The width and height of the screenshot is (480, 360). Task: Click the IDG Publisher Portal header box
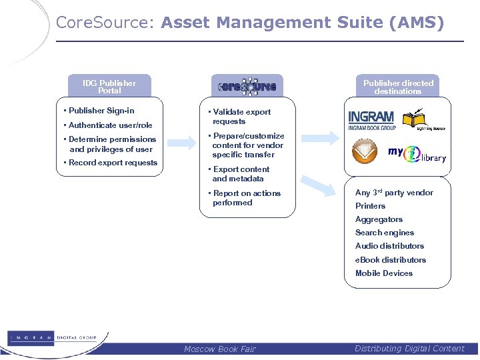(109, 87)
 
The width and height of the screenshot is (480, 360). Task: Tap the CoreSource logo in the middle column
(247, 87)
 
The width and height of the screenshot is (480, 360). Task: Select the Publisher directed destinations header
(398, 87)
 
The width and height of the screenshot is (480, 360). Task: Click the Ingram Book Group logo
(372, 120)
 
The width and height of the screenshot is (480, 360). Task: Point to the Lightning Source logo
(425, 121)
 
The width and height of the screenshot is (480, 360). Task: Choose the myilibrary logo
(417, 154)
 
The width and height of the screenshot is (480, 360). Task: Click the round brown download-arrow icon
(365, 151)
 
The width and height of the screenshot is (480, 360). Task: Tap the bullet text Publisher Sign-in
(101, 111)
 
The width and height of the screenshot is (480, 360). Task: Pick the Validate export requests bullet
(241, 117)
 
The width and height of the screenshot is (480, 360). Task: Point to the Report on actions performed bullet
(246, 198)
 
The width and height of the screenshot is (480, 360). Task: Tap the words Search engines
(385, 233)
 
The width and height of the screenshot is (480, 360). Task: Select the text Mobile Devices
(384, 273)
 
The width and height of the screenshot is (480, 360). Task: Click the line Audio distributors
(389, 246)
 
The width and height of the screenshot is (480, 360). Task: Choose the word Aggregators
(379, 219)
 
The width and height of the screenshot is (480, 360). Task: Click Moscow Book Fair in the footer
(219, 349)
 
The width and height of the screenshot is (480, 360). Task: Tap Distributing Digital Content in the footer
(409, 349)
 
